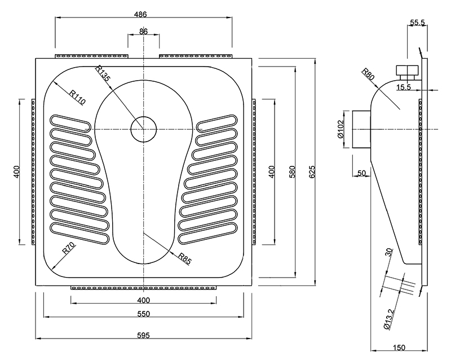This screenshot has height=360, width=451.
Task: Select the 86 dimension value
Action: point(143,32)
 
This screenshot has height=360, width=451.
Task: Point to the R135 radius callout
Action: point(103,74)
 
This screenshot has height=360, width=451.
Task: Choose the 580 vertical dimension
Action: point(292,172)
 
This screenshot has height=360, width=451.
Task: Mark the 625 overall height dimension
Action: point(311,172)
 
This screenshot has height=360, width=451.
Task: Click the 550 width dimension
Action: point(143,314)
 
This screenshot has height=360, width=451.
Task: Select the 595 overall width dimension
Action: point(143,335)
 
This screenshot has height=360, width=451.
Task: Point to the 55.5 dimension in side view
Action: point(417,22)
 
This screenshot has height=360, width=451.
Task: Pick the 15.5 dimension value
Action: point(404,87)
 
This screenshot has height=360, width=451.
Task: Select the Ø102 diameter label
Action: point(341,129)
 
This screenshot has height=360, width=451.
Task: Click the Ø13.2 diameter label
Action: point(387,318)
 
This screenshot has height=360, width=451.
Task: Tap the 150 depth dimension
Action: point(399,347)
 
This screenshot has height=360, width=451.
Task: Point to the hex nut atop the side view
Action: point(408,72)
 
